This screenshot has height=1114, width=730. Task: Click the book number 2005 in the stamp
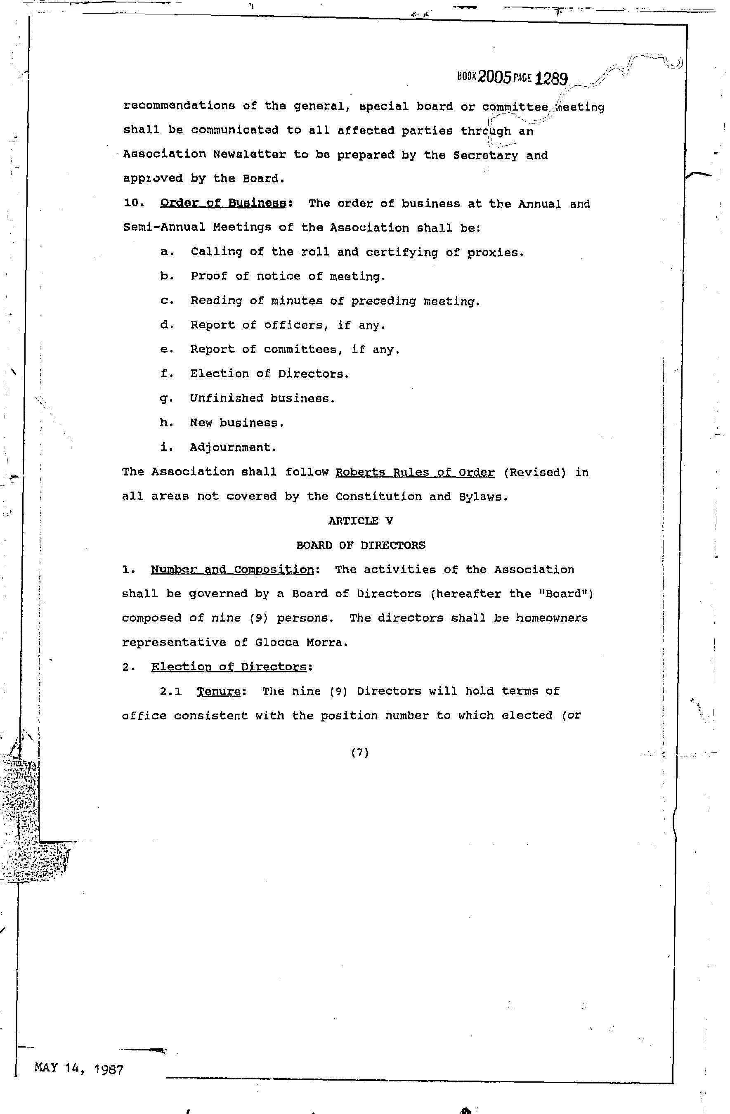click(x=495, y=77)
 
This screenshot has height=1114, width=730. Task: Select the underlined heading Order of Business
click(x=223, y=203)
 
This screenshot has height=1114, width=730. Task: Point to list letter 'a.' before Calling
click(x=167, y=252)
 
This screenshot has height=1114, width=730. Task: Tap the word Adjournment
click(x=233, y=447)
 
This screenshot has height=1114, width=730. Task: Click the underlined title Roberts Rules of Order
click(x=415, y=472)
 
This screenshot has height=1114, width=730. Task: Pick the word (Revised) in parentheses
click(x=535, y=472)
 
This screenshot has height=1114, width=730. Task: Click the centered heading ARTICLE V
click(x=360, y=521)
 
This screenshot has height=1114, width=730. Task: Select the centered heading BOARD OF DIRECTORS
click(x=361, y=545)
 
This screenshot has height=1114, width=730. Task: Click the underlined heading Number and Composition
click(x=233, y=570)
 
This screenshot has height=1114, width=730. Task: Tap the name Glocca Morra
click(x=301, y=643)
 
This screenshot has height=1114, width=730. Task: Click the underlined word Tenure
click(x=218, y=691)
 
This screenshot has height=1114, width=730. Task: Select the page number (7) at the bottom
click(x=360, y=753)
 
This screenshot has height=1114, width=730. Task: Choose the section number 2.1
click(x=170, y=691)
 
